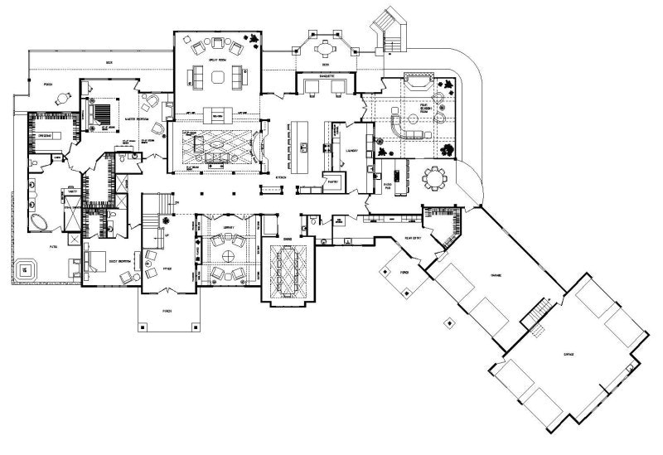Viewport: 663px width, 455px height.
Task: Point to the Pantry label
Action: click(x=333, y=180)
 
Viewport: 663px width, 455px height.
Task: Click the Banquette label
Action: click(x=325, y=75)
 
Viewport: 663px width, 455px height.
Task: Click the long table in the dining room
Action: click(x=287, y=269)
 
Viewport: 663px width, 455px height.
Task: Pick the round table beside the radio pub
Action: click(x=433, y=177)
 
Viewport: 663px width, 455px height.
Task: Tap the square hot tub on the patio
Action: click(x=27, y=269)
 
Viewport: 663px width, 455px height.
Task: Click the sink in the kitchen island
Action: click(x=305, y=148)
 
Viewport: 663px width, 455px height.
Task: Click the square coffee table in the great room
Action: click(x=218, y=76)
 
